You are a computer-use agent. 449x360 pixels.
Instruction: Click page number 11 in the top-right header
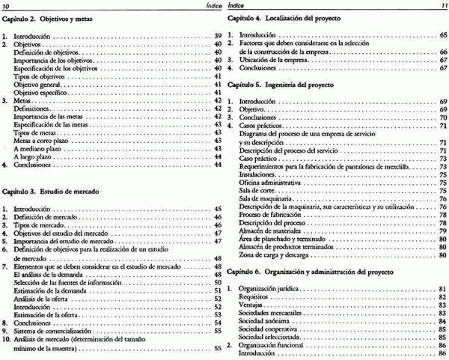tap(442, 4)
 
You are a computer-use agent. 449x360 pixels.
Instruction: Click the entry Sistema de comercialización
tap(58, 329)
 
